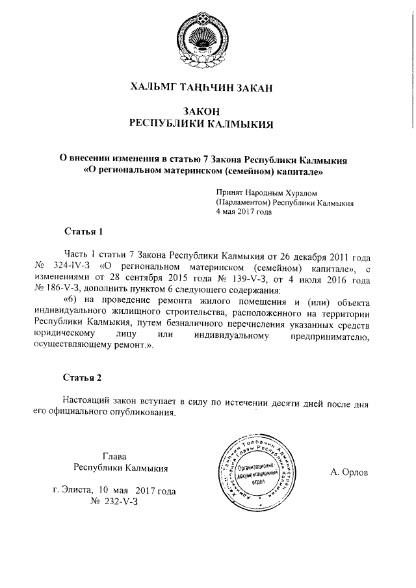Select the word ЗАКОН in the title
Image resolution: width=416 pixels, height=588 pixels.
coord(207,111)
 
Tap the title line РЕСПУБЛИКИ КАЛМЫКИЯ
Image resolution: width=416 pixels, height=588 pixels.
coord(207,123)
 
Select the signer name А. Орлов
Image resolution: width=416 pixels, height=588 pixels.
coord(349,472)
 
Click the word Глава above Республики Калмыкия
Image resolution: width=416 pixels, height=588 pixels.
coord(114,455)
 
